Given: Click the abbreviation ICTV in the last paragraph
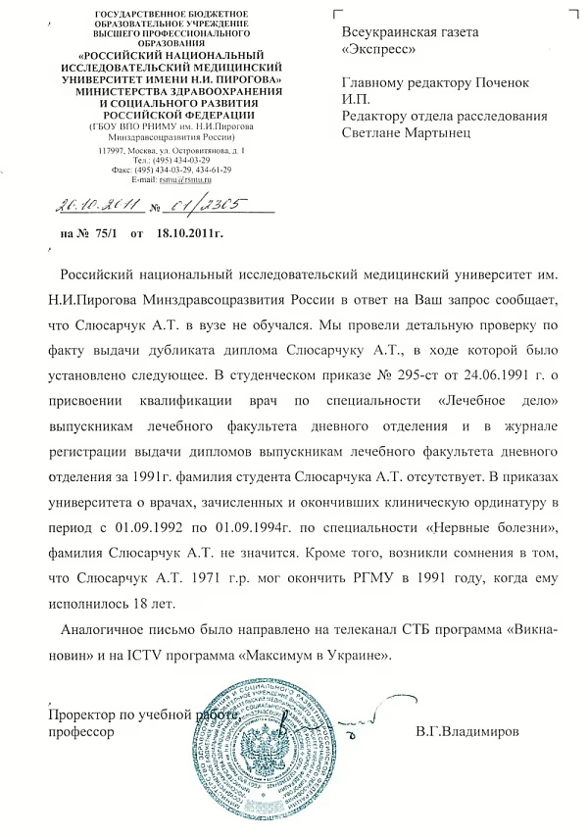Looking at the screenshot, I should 156,652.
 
